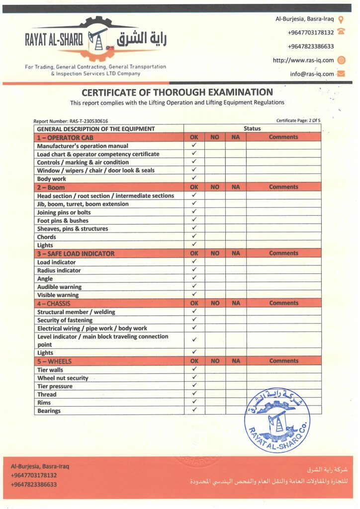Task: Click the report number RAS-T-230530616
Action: coord(71,121)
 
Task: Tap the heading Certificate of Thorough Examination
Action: coord(177,92)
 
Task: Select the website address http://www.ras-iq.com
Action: coord(303,60)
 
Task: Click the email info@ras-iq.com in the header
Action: coord(312,74)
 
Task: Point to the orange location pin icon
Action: coord(341,19)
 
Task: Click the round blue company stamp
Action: coord(276,421)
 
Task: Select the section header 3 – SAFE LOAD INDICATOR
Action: coord(76,254)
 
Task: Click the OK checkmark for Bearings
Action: coord(194,411)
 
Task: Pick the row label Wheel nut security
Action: coord(63,378)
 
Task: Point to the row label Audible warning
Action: coord(59,287)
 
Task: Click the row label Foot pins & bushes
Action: coord(63,221)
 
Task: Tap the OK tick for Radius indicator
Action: coord(194,270)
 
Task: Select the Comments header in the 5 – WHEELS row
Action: coord(283,361)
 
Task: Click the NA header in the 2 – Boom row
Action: coord(236,187)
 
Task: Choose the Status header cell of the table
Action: coord(252,129)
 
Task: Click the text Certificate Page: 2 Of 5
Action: coord(298,121)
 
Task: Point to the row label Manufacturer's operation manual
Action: coord(83,146)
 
